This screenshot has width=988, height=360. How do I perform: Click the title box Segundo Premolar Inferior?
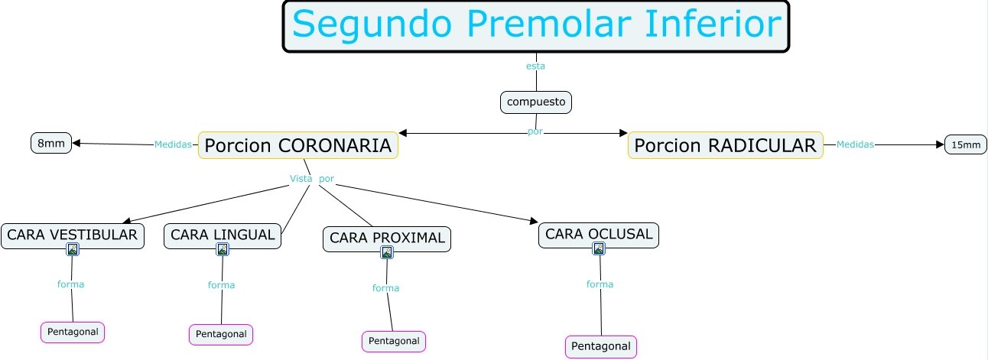point(536,26)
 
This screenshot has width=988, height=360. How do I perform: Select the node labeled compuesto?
point(536,102)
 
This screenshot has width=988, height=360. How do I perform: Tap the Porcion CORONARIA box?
point(298,144)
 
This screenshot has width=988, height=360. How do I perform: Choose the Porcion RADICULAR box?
point(725,144)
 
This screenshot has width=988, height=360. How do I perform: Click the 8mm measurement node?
point(51,143)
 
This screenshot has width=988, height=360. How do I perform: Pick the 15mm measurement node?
point(966,144)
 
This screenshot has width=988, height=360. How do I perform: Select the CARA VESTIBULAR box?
point(73,235)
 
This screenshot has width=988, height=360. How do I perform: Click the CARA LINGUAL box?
point(223,235)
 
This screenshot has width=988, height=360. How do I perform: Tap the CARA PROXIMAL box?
point(387,238)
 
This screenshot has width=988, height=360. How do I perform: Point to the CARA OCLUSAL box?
point(599,234)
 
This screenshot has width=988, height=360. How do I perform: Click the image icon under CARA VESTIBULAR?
point(73,249)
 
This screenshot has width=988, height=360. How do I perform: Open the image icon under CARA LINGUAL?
point(223,249)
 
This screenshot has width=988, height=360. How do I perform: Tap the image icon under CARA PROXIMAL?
point(387,252)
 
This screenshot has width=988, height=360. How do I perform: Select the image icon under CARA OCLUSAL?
point(599,248)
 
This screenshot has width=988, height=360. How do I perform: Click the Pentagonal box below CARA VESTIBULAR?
point(73,332)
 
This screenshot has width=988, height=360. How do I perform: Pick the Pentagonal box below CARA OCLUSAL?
point(601,346)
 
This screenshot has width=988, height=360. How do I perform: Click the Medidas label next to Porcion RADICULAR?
point(855,144)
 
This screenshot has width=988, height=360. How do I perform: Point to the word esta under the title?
point(535,66)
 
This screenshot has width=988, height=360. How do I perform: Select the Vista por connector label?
point(312,179)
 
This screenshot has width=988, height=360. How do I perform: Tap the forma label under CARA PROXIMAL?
point(386,288)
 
